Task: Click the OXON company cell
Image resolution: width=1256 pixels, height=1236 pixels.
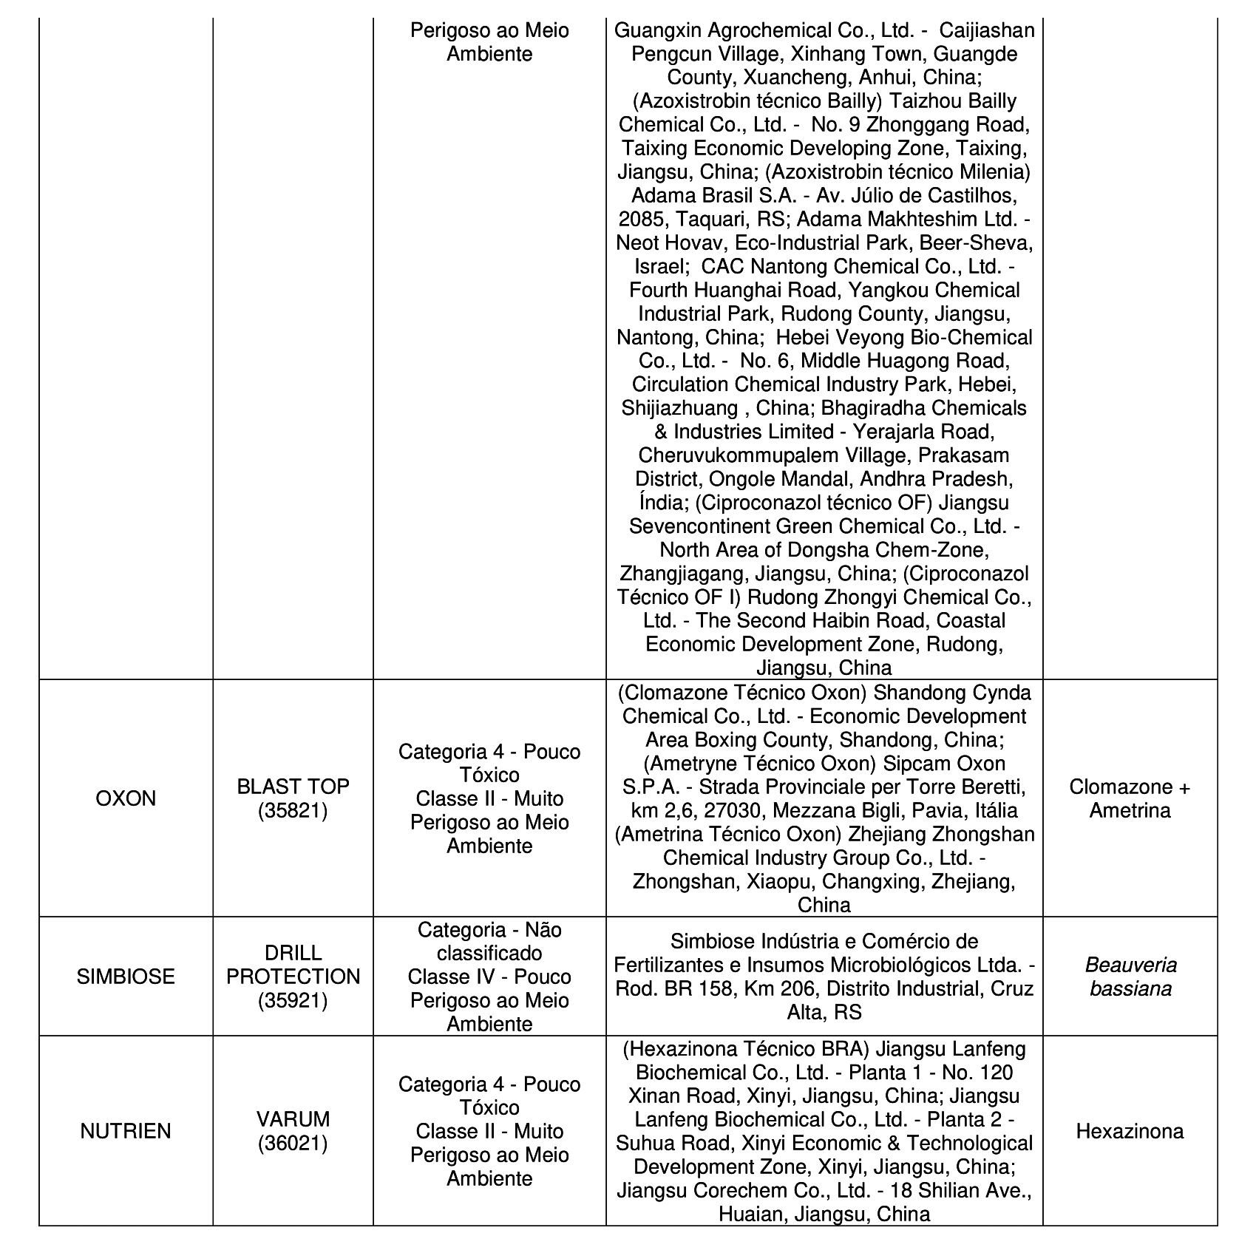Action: (x=126, y=799)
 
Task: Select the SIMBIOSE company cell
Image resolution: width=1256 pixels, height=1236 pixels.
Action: (x=126, y=977)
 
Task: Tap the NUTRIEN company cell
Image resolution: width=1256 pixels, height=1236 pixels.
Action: (x=126, y=1131)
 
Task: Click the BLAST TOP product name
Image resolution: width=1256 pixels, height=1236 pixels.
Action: (x=293, y=787)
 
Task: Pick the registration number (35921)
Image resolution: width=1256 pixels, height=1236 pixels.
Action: (x=293, y=1000)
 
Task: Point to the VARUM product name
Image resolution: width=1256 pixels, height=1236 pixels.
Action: (x=293, y=1119)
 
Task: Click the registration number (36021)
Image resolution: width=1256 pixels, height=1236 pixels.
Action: (x=293, y=1144)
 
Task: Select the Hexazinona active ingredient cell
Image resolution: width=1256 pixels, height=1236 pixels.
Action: (x=1130, y=1131)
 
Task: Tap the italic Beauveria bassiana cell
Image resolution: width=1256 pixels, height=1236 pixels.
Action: (x=1130, y=977)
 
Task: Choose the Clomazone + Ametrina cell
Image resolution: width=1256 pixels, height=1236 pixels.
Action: (x=1130, y=799)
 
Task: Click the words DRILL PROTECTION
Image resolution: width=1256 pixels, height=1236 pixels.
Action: (x=293, y=965)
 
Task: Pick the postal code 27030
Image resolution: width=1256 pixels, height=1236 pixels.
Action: (x=730, y=811)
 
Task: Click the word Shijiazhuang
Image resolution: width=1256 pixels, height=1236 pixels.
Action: (x=679, y=408)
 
